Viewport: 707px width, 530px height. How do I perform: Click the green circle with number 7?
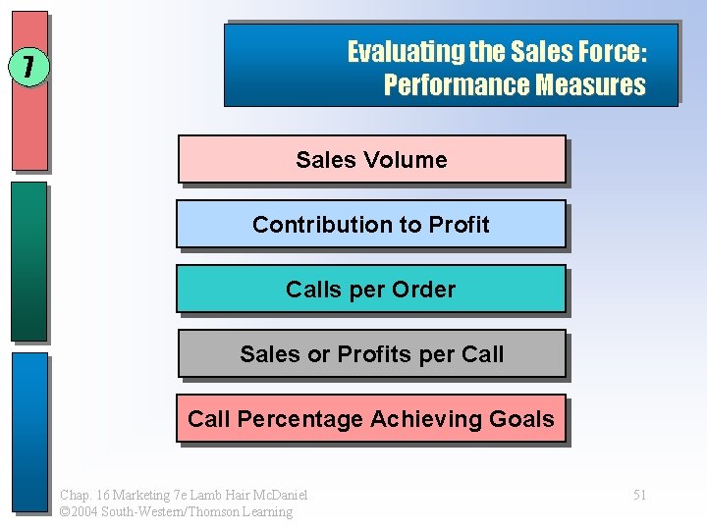(x=28, y=67)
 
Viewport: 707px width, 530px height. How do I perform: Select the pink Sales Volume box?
(x=371, y=159)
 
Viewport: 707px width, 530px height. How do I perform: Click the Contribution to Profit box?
(x=370, y=224)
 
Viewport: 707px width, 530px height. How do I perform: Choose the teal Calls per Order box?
(x=370, y=290)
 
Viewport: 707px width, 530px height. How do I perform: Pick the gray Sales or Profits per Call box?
(x=371, y=354)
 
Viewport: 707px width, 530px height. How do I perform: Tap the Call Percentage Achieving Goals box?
(x=370, y=419)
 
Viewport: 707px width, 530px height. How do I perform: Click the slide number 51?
(x=639, y=495)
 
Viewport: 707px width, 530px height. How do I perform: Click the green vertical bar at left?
(x=29, y=260)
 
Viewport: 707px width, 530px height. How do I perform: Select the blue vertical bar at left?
(x=29, y=432)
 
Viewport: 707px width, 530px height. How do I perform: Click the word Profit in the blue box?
(x=459, y=225)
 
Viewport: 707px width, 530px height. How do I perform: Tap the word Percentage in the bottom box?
(x=299, y=419)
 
